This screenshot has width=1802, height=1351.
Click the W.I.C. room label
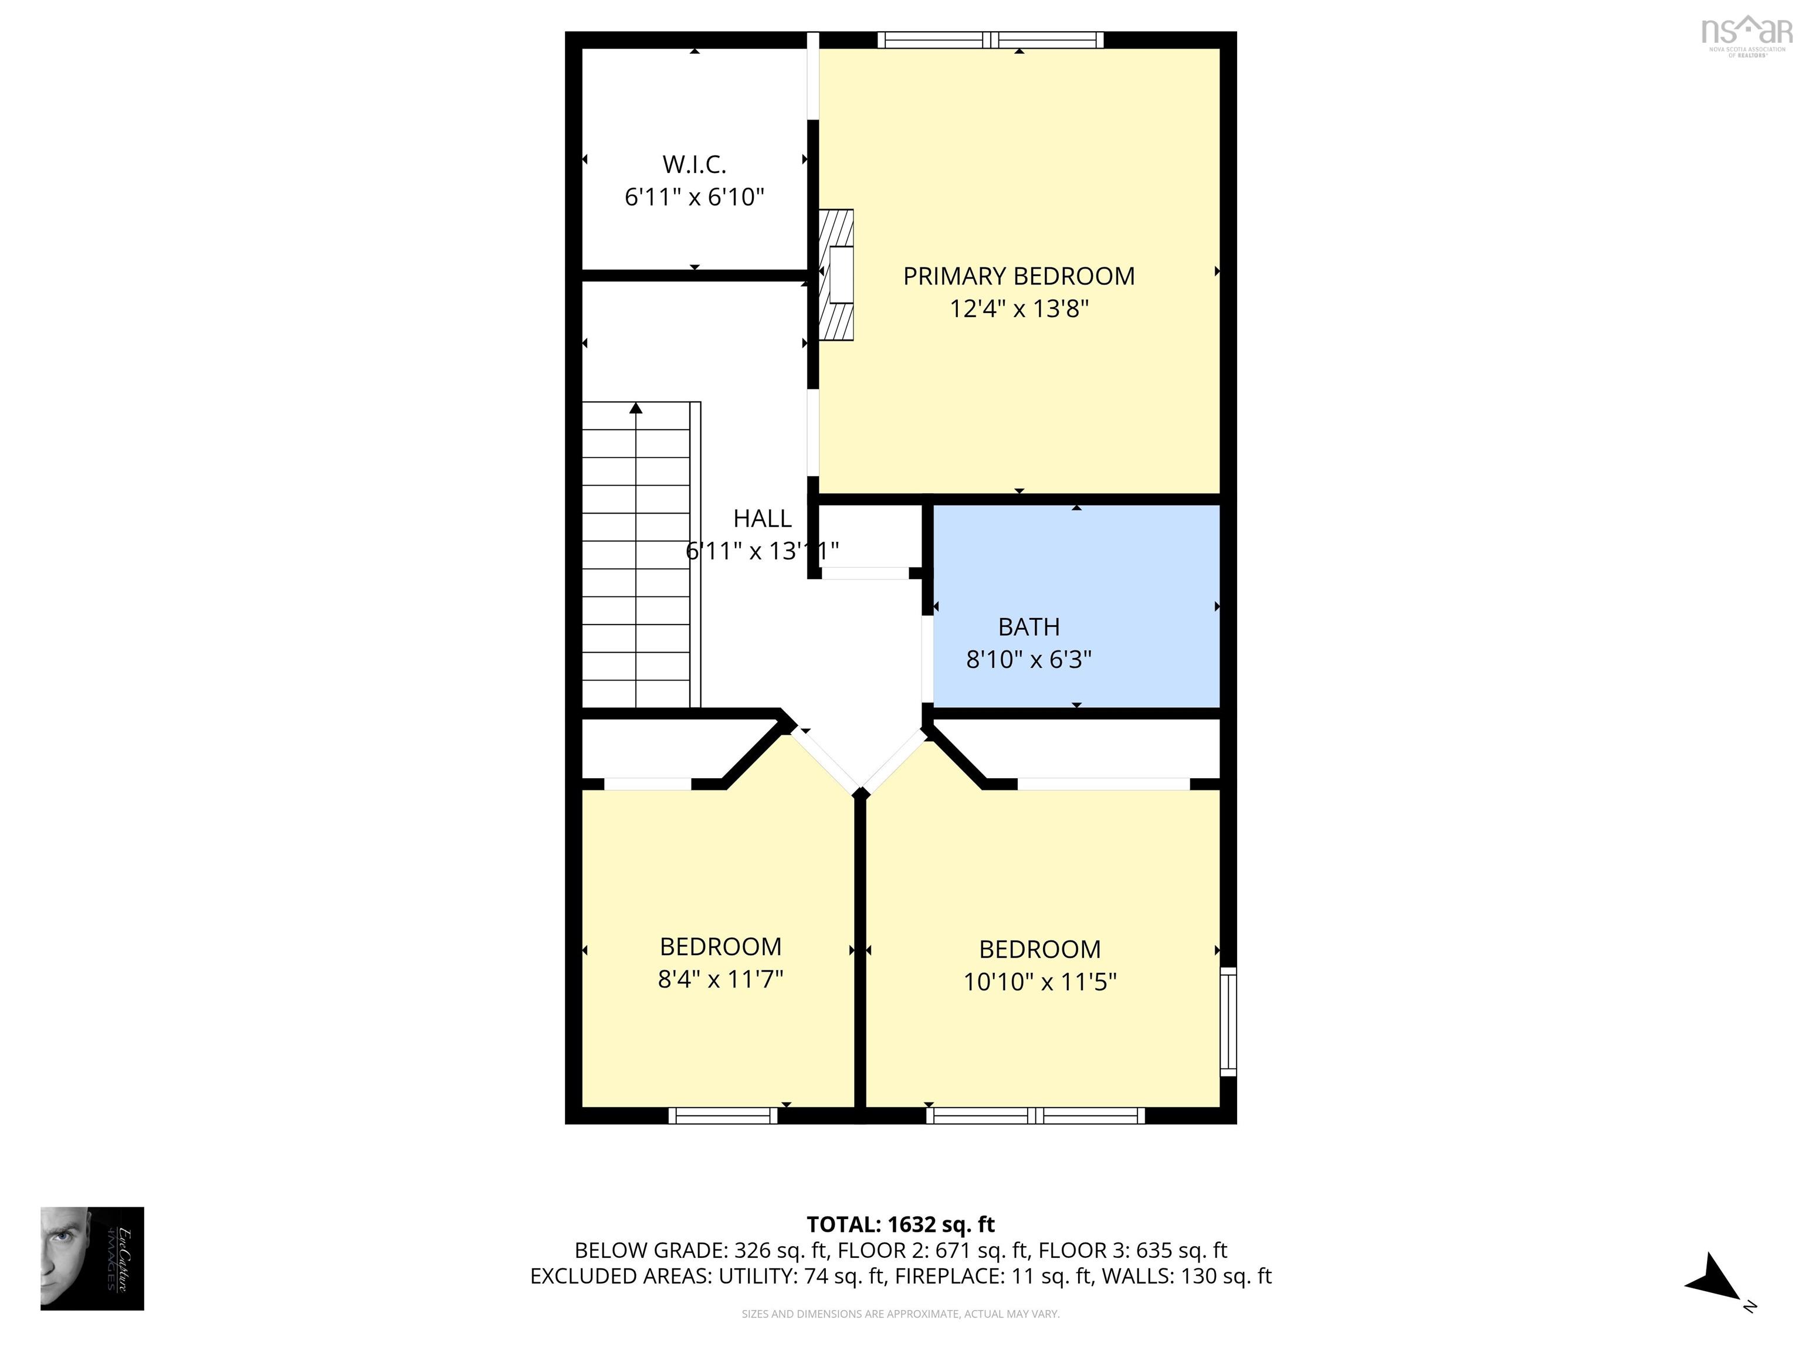[694, 165]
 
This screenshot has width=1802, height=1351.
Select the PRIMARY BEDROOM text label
[1018, 276]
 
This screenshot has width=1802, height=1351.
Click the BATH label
[1029, 626]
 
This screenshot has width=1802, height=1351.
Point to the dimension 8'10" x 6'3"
[1029, 659]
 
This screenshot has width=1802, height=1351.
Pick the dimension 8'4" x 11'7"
[720, 978]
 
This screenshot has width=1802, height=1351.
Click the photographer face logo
[92, 1258]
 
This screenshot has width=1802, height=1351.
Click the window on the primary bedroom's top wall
[991, 39]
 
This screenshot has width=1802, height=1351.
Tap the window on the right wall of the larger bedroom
[1228, 1021]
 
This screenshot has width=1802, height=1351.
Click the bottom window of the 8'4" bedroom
[723, 1116]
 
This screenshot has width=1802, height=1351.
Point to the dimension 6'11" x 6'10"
[694, 197]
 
